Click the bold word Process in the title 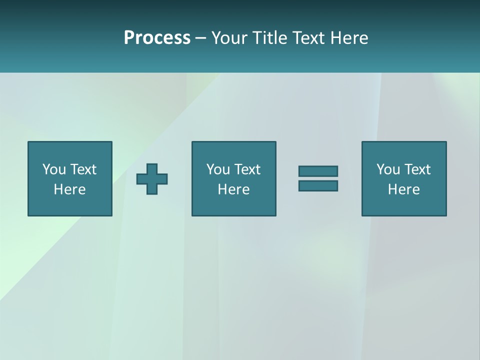point(157,38)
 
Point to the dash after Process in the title point(200,38)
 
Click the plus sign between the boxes point(152,178)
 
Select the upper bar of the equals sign point(318,171)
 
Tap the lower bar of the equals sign point(318,185)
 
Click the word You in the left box point(54,169)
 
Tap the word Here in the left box point(70,189)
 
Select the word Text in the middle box point(247,169)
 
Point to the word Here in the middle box point(233,189)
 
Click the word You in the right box point(388,169)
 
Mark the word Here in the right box point(404,189)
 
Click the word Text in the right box point(417,169)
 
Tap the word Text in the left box point(83,169)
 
